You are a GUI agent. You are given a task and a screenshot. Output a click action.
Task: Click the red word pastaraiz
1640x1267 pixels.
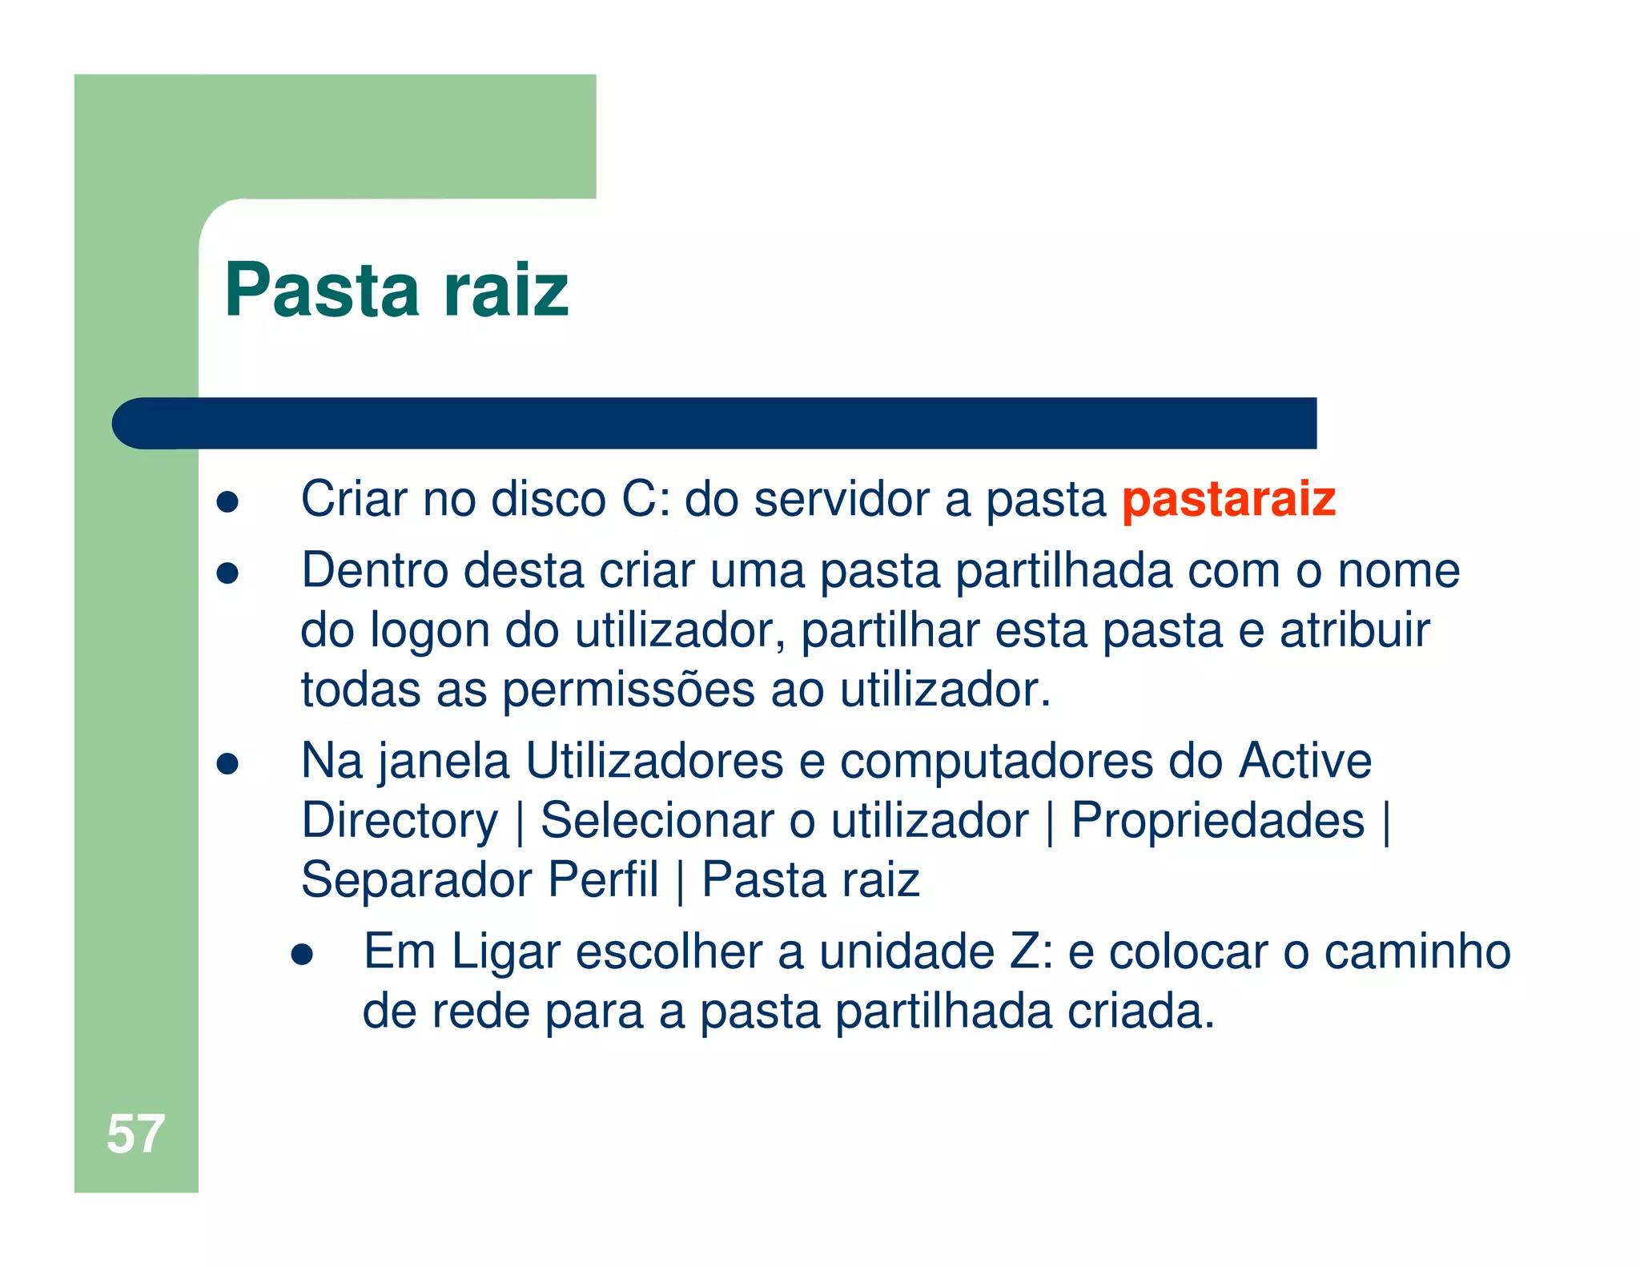click(x=1228, y=499)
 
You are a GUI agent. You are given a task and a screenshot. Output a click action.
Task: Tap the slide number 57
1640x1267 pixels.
click(x=135, y=1133)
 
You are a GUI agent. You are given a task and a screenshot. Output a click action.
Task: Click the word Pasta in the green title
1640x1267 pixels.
click(x=322, y=290)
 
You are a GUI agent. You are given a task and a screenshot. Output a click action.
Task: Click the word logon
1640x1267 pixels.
click(x=429, y=630)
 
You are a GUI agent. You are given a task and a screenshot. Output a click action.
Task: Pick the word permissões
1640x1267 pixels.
click(x=628, y=690)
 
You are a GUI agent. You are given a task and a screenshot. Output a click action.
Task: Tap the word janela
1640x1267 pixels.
click(x=444, y=761)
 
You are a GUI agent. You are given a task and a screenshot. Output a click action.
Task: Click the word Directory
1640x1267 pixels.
click(x=400, y=821)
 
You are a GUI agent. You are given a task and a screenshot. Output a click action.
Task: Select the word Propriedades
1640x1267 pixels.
click(x=1217, y=820)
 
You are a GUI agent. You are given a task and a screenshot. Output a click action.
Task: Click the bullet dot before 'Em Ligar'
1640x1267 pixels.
click(x=302, y=955)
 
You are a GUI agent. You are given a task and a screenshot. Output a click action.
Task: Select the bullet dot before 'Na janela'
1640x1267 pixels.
click(x=228, y=763)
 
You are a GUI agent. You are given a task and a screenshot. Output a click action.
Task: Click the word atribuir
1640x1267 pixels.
click(x=1354, y=630)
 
